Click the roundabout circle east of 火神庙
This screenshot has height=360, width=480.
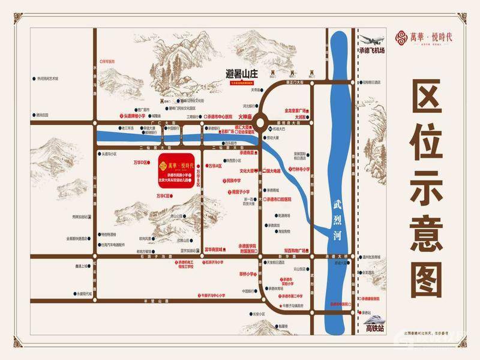262,120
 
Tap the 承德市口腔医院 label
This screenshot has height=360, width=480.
276,199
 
